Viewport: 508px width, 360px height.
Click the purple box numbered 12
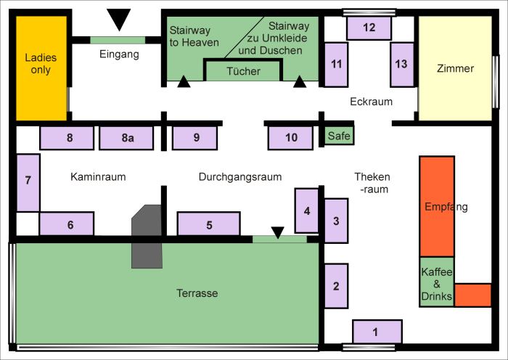click(x=369, y=28)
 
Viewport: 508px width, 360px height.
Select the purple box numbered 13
click(x=401, y=64)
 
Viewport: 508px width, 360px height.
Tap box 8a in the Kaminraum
click(x=127, y=137)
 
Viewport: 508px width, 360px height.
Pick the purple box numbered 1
click(x=376, y=332)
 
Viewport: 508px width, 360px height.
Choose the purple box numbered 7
click(x=28, y=181)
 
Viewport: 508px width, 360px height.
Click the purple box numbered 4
click(x=306, y=210)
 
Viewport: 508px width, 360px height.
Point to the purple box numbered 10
click(x=291, y=137)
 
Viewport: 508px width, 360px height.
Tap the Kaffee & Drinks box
click(x=437, y=282)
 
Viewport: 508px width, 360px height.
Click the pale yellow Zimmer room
click(x=455, y=69)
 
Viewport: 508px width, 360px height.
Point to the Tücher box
click(x=243, y=71)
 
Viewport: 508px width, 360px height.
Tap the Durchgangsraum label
click(x=239, y=176)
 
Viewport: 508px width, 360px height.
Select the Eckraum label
click(x=371, y=102)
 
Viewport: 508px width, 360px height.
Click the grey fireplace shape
click(x=147, y=235)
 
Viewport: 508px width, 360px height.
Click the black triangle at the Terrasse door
click(x=277, y=232)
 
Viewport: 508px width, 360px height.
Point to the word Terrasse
click(x=197, y=293)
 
